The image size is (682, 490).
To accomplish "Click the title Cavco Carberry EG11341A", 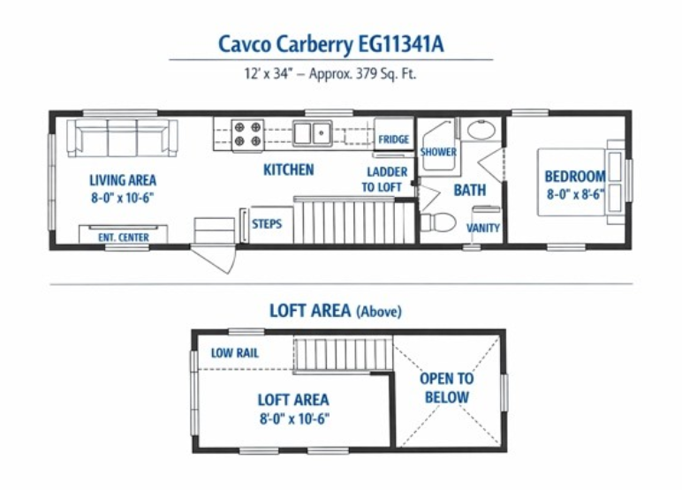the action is point(330,45).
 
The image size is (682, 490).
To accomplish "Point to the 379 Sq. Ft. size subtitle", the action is point(330,73).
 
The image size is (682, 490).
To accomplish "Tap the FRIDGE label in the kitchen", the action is point(394,139).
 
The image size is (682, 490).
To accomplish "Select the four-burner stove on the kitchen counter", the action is point(247,134).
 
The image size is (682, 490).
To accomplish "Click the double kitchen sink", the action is point(312,133).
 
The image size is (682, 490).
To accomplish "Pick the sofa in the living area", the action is point(122,138).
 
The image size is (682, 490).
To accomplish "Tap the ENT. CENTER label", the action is point(124,237).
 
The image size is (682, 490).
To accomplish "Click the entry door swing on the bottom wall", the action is point(213,260).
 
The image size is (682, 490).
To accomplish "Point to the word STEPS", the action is point(267,224).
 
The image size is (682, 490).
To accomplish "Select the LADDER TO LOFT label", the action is point(384,179).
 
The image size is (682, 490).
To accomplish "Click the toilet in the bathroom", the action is point(437,222).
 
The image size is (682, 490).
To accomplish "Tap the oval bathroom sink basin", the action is point(481,130).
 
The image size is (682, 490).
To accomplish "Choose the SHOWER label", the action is point(438,152).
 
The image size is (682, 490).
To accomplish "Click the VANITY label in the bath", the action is point(483,228).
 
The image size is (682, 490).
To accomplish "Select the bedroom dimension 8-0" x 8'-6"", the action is point(575,194).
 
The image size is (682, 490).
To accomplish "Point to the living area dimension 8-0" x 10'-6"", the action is point(123,198).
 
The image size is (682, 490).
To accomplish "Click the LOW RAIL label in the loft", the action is point(235,352).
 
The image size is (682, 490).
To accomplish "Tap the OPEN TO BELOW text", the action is point(447,388).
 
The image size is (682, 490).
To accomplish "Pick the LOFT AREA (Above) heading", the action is point(336,311).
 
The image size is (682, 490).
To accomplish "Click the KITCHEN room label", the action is point(288,170).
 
